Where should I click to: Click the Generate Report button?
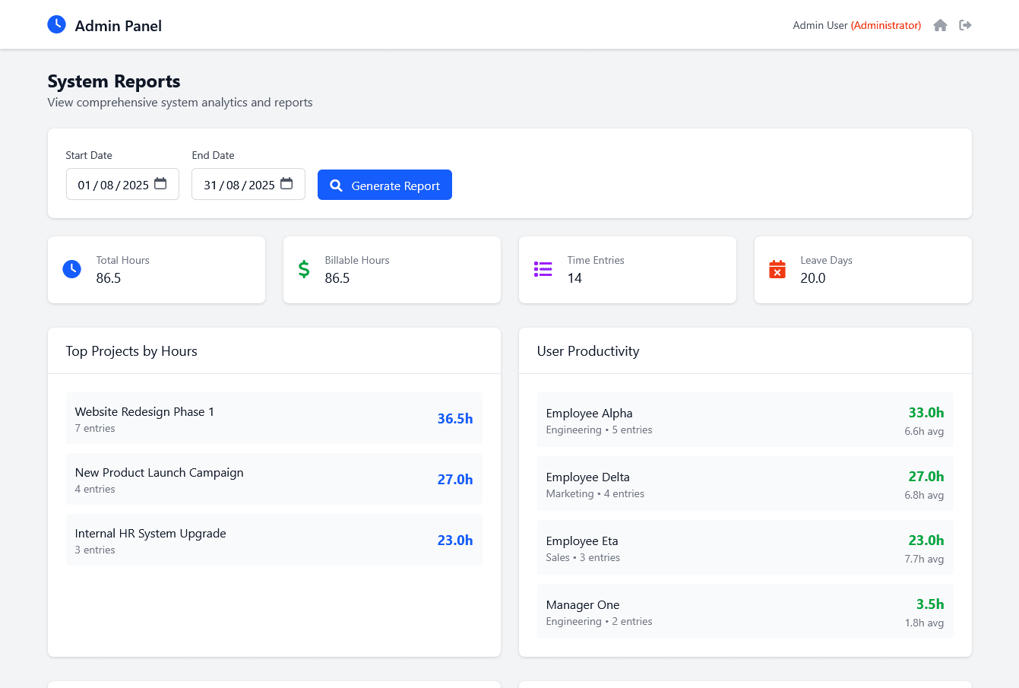click(x=384, y=185)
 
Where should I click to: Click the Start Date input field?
click(x=114, y=185)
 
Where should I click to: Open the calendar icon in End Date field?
click(x=286, y=184)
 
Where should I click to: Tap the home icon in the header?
click(x=940, y=26)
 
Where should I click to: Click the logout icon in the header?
click(x=965, y=26)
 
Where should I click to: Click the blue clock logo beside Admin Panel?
click(x=57, y=25)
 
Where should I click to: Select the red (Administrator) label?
click(x=886, y=26)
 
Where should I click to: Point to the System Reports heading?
click(x=114, y=81)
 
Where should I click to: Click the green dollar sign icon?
click(x=304, y=269)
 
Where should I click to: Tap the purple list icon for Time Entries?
click(x=543, y=269)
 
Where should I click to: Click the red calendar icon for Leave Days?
click(x=777, y=269)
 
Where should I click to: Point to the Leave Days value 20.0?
click(x=812, y=278)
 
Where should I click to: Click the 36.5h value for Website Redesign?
click(x=454, y=419)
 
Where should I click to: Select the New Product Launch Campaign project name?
click(x=159, y=473)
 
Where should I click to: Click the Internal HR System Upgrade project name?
click(x=150, y=534)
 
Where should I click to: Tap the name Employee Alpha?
click(x=589, y=414)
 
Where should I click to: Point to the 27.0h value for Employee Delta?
click(x=926, y=477)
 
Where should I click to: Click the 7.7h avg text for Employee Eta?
click(x=924, y=559)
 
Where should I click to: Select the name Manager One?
click(x=583, y=605)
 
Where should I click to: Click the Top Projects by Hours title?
click(x=131, y=351)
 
